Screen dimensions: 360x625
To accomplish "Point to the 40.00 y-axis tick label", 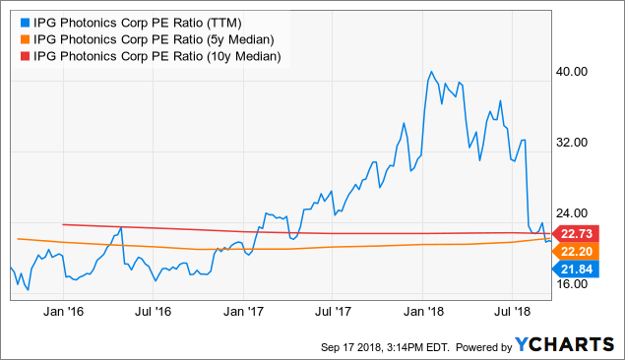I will [x=574, y=72].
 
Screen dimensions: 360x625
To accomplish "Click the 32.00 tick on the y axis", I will [x=574, y=143].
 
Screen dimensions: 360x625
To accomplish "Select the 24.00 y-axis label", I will [x=574, y=213].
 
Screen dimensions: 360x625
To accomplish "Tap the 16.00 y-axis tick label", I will [x=574, y=284].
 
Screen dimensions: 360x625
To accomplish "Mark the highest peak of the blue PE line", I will [x=432, y=72].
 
